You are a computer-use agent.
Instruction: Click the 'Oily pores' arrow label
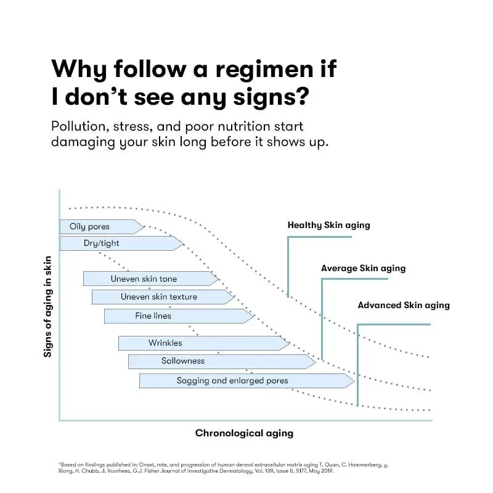tap(90, 227)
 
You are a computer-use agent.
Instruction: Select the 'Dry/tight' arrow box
tap(102, 243)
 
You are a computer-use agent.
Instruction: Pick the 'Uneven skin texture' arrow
tap(159, 297)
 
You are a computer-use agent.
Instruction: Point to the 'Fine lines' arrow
tap(153, 316)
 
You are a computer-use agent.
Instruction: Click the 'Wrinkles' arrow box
tap(165, 343)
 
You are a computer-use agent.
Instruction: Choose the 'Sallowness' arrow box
tap(183, 361)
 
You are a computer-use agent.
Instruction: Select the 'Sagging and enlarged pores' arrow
tap(232, 381)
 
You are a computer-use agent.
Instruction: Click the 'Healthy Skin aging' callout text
tap(328, 225)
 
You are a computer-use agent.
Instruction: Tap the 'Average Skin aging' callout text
tap(363, 269)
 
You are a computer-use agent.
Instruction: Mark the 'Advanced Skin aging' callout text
tap(404, 305)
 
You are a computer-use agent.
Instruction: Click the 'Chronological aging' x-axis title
tap(244, 433)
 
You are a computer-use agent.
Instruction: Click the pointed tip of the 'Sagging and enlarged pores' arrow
tap(354, 381)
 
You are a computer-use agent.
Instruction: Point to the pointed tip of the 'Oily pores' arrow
tap(144, 227)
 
